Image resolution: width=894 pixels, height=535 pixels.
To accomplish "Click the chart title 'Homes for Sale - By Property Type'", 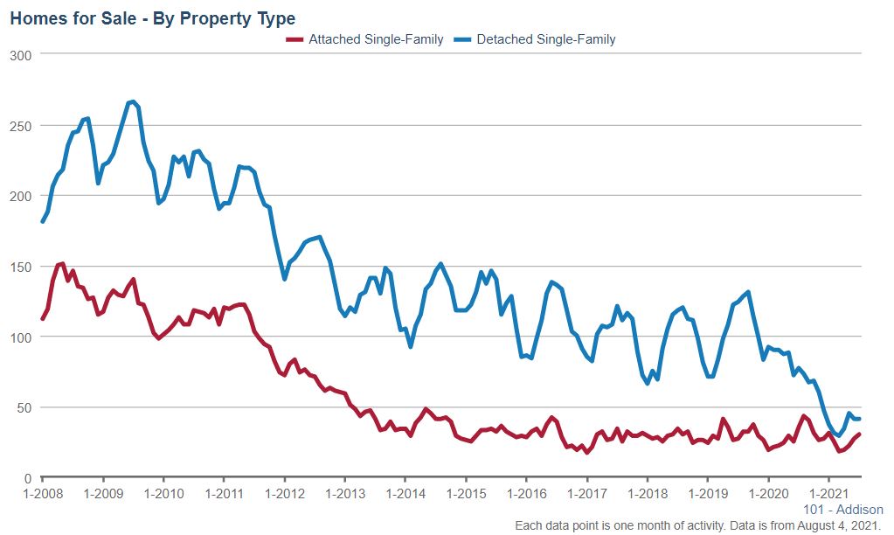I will (x=152, y=17).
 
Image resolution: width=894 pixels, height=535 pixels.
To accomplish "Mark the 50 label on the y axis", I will (x=24, y=407).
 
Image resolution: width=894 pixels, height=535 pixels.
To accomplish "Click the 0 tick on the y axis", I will (x=28, y=478).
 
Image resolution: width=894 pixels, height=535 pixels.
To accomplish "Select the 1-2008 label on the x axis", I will (x=43, y=495).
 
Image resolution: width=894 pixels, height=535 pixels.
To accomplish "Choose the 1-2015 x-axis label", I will (x=466, y=495).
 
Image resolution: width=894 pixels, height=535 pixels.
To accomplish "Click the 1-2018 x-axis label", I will (x=648, y=495).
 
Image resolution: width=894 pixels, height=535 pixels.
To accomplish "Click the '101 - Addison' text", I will (x=842, y=510).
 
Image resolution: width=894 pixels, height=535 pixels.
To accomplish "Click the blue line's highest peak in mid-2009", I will (x=132, y=101).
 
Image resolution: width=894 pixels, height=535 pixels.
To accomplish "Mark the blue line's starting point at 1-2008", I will (x=43, y=221).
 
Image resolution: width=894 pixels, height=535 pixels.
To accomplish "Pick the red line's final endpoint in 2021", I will (x=860, y=434).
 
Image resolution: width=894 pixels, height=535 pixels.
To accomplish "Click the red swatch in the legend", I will (x=295, y=39).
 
